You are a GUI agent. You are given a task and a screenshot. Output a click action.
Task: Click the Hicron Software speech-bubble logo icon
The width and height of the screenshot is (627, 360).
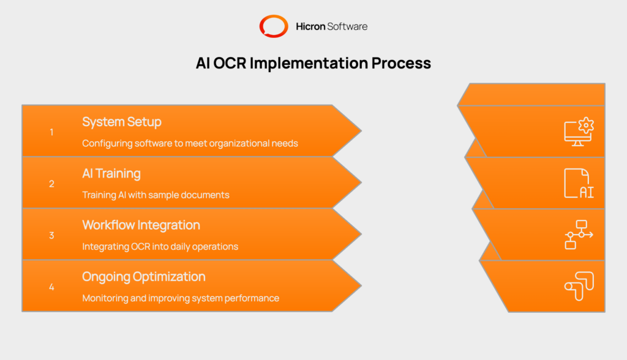coord(273,26)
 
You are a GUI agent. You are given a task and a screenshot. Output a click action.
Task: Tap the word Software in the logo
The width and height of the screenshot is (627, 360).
coord(347,26)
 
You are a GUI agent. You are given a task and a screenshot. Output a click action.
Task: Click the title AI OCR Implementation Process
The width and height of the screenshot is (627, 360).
coord(313,63)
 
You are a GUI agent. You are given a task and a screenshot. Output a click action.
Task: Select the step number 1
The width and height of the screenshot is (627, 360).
coord(51,132)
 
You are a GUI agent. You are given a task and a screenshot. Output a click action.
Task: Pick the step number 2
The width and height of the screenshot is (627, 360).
coord(51,184)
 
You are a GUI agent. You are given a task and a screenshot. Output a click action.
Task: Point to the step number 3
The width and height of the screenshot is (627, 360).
coord(51,235)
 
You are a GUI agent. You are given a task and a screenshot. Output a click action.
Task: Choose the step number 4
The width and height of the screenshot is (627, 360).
coord(51,287)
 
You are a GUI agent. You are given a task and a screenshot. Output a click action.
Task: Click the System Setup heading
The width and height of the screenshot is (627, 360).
coord(122,122)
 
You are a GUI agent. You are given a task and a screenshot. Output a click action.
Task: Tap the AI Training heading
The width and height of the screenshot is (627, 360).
coord(111,173)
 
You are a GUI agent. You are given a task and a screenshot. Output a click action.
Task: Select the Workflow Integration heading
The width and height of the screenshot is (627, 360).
coord(141,225)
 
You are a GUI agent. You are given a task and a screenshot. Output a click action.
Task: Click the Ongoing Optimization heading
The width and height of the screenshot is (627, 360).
coord(144,277)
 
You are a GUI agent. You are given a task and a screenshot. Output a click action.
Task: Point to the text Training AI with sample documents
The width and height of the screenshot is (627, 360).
coord(156,195)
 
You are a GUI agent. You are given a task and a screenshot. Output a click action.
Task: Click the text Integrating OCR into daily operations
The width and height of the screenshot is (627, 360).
coord(160,247)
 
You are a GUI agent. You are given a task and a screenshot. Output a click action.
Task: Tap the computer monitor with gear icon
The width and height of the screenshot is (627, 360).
coord(579,132)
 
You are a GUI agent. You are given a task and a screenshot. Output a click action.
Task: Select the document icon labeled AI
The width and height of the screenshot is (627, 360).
coord(579,183)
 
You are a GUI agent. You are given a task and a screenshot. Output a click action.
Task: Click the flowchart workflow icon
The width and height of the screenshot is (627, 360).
coord(579,234)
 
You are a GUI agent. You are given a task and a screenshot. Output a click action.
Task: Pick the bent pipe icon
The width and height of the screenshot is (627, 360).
coord(579,286)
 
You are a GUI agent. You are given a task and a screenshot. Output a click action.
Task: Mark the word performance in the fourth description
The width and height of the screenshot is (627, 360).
coord(253,298)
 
